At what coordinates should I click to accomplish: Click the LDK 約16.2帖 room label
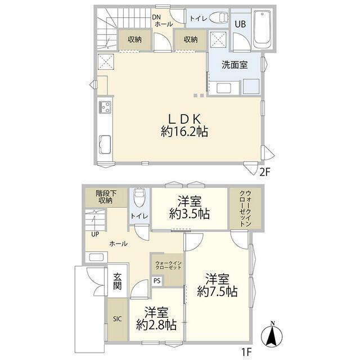coord(184,125)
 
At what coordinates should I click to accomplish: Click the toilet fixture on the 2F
coord(219,17)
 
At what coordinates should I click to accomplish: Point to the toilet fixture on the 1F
coord(139,197)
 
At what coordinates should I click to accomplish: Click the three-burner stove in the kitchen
coord(105,107)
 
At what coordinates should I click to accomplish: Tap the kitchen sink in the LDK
coord(105,144)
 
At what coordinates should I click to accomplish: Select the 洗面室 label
coord(235,65)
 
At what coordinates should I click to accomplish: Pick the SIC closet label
coord(118,319)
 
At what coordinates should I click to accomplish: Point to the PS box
coord(157,281)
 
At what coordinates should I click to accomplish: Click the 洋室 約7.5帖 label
coord(217,285)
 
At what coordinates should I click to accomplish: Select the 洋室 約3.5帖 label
coord(190,208)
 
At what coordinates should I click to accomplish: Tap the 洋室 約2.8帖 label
coord(156,318)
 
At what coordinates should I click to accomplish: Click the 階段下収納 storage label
coord(106,197)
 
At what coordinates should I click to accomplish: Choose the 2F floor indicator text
coord(264,172)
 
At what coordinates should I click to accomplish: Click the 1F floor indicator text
coord(246,352)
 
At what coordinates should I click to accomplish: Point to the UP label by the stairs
coord(95,235)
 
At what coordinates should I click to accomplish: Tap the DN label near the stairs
coord(157,17)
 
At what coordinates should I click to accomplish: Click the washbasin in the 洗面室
coord(224,88)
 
